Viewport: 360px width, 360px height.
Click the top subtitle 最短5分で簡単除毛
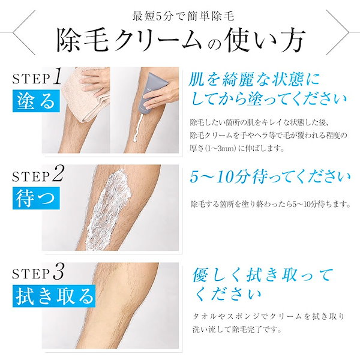tap(180, 16)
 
